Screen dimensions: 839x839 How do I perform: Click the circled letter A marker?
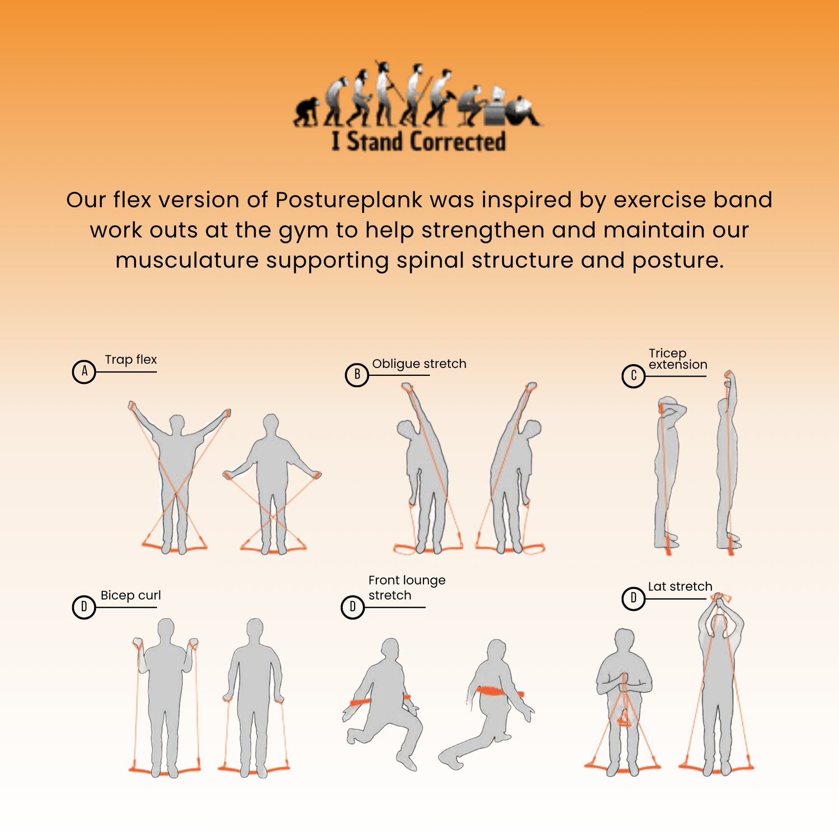[x=84, y=371]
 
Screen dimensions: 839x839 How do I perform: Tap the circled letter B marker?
[x=357, y=375]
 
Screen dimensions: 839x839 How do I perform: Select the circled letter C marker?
[x=634, y=376]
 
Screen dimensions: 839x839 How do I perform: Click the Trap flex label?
[x=131, y=360]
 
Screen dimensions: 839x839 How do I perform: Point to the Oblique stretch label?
[x=419, y=364]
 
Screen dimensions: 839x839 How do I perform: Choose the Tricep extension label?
[x=678, y=359]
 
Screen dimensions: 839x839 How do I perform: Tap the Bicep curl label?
[x=131, y=595]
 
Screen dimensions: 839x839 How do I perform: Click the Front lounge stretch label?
[x=407, y=588]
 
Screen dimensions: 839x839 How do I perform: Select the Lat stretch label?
[x=680, y=586]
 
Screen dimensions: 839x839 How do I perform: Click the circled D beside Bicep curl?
[x=84, y=607]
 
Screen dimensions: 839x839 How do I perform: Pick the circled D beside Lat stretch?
[x=634, y=598]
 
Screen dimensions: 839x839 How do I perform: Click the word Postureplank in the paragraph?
[x=349, y=200]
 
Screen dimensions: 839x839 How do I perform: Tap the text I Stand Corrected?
[x=418, y=141]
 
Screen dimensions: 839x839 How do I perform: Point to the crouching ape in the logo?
[x=306, y=112]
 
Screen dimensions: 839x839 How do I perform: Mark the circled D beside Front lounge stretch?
[x=352, y=607]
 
